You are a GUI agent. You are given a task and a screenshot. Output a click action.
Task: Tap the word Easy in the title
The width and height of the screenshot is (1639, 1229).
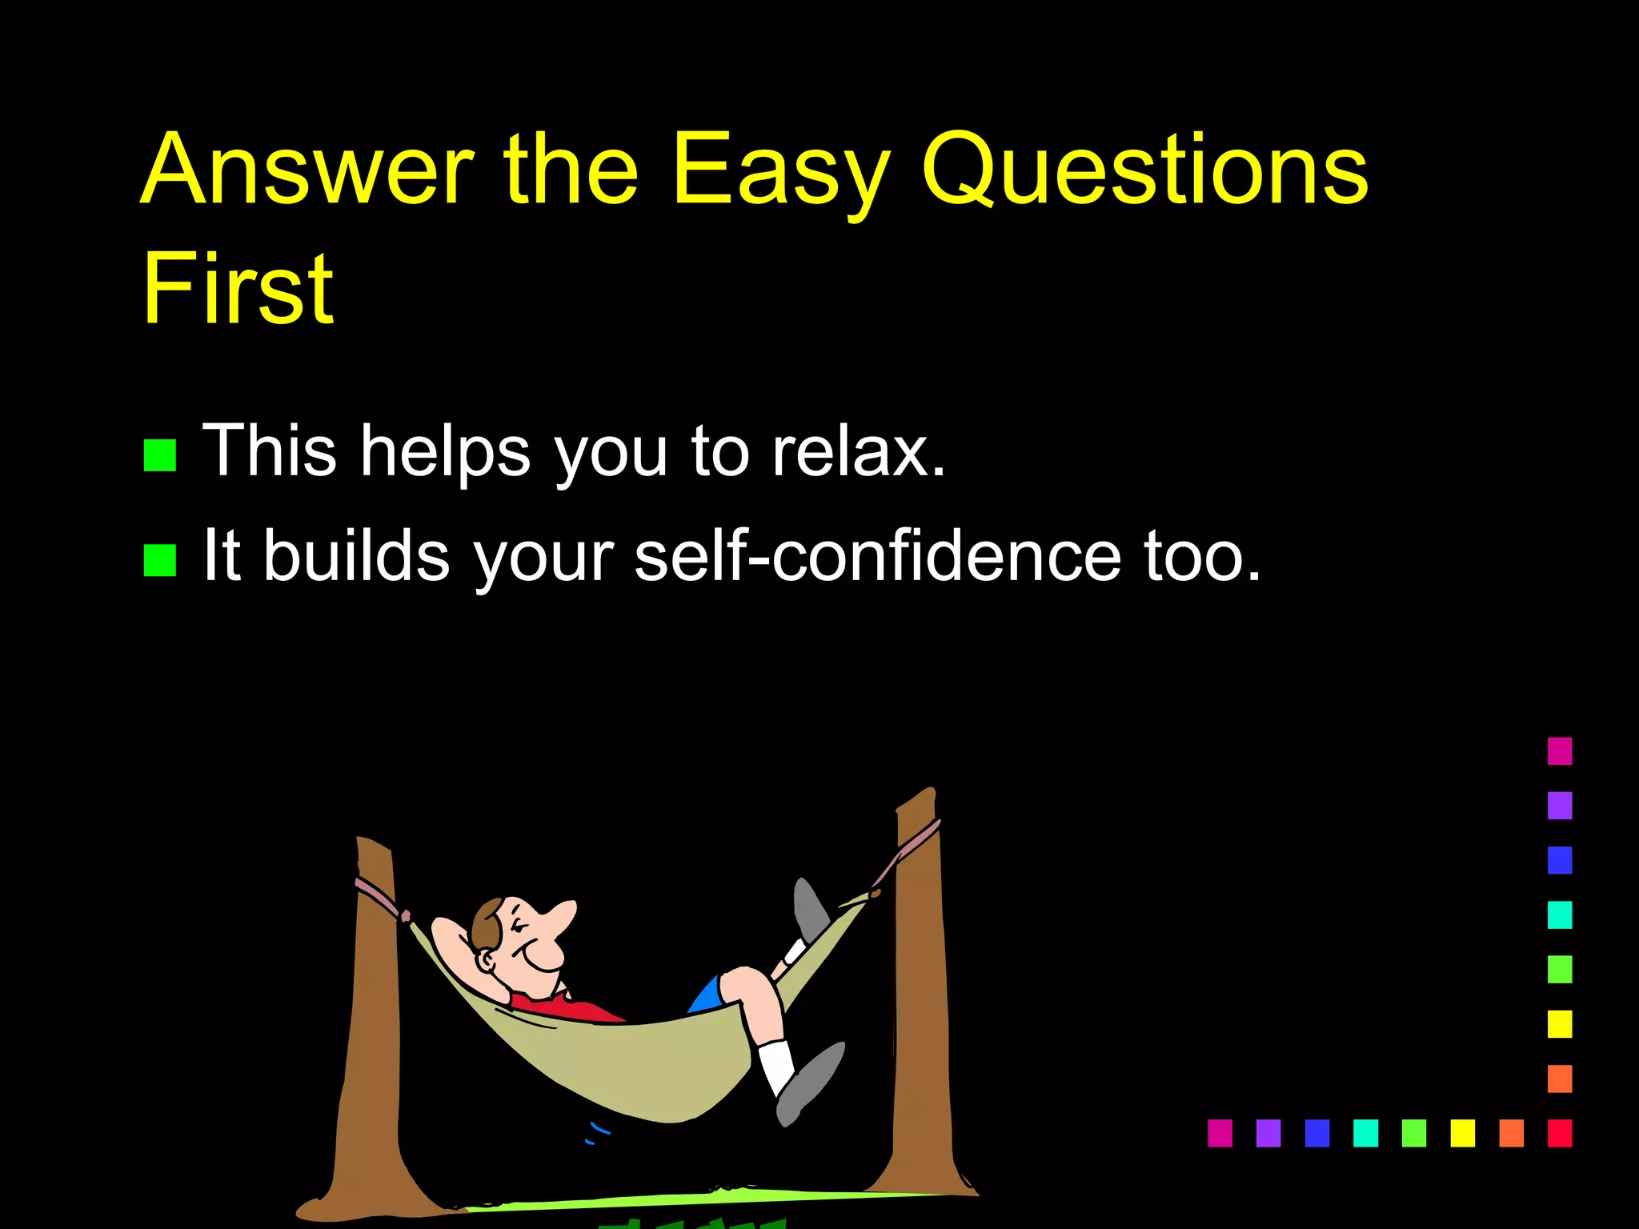(x=780, y=170)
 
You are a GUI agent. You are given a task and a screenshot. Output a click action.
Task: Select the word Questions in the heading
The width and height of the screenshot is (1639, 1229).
(x=1144, y=170)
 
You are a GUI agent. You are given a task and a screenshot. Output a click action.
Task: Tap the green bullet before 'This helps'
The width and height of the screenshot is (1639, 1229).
(x=159, y=455)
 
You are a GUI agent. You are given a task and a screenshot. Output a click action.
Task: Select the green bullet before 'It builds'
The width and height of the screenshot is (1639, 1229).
(x=159, y=560)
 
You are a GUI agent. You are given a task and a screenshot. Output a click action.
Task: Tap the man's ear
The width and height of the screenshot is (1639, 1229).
(x=485, y=960)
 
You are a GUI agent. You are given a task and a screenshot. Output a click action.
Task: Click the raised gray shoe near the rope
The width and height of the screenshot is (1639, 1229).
(x=810, y=908)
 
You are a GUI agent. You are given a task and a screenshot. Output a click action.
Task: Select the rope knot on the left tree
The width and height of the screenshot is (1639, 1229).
(x=403, y=915)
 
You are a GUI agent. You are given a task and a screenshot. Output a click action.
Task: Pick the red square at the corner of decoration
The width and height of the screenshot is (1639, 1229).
(x=1559, y=1133)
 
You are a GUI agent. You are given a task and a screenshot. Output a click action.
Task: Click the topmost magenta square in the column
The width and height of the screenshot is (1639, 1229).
(x=1559, y=751)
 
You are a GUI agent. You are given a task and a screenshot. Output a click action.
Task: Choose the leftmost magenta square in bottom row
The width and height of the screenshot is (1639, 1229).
(x=1220, y=1133)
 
